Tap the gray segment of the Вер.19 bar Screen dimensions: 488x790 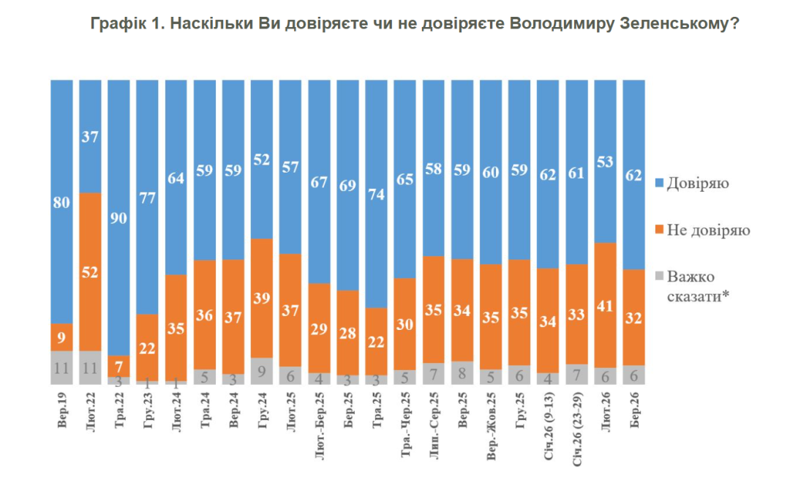click(x=61, y=367)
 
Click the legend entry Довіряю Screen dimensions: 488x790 click(x=696, y=183)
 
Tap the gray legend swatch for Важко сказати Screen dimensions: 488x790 click(x=659, y=277)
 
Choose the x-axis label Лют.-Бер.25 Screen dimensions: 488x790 click(x=320, y=429)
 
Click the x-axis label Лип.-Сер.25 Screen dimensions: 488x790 click(x=433, y=427)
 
